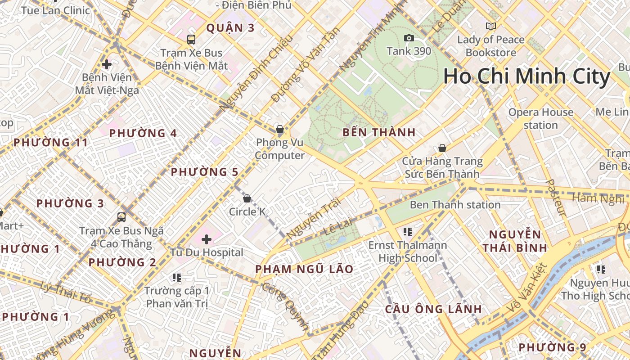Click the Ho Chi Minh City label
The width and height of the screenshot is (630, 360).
pyautogui.click(x=526, y=76)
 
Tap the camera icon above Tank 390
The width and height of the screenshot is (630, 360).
pyautogui.click(x=409, y=38)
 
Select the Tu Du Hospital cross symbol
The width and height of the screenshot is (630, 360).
pyautogui.click(x=207, y=239)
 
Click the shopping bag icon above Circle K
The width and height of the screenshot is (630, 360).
pyautogui.click(x=247, y=198)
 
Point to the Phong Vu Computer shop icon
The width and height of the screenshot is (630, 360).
pyautogui.click(x=279, y=130)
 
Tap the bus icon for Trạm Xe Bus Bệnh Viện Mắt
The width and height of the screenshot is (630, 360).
pyautogui.click(x=191, y=39)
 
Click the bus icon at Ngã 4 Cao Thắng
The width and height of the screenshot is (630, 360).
pyautogui.click(x=121, y=217)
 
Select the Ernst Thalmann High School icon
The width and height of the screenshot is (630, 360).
pyautogui.click(x=408, y=232)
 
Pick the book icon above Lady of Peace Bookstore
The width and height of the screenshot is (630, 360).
pyautogui.click(x=490, y=26)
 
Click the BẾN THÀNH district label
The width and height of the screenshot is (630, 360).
pyautogui.click(x=379, y=133)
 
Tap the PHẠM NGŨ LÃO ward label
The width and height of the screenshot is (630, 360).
pyautogui.click(x=304, y=269)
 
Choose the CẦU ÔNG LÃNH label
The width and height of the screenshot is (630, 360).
pyautogui.click(x=433, y=309)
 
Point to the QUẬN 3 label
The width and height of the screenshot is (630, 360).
pyautogui.click(x=230, y=28)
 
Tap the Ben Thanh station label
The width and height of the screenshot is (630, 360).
pyautogui.click(x=455, y=205)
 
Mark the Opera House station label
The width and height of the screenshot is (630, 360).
pyautogui.click(x=541, y=118)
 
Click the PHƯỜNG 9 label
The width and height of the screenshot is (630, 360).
pyautogui.click(x=552, y=347)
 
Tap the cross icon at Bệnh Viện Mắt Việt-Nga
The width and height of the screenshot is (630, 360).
pyautogui.click(x=107, y=64)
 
